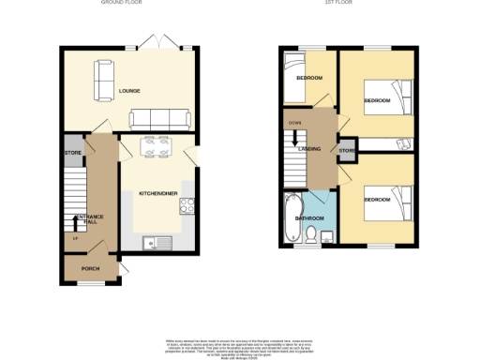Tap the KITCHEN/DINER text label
click(x=158, y=192)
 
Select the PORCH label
click(x=90, y=269)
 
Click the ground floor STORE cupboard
click(x=72, y=153)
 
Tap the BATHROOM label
click(x=309, y=217)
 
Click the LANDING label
click(x=311, y=149)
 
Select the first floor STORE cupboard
click(x=345, y=150)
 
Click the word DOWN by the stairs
click(x=293, y=123)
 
